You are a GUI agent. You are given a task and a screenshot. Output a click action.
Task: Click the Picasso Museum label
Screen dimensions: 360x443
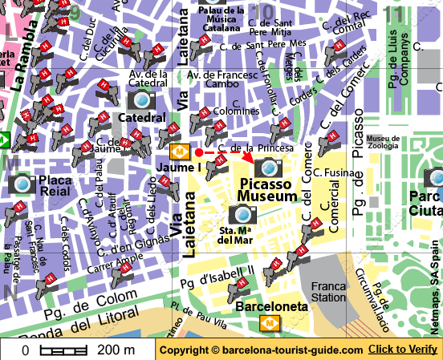click(x=269, y=191)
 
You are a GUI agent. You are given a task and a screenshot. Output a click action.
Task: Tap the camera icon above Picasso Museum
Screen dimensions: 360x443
click(x=268, y=167)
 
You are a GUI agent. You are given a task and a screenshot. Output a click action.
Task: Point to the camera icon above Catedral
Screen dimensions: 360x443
click(x=142, y=99)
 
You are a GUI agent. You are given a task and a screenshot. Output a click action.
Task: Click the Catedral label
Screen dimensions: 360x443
click(x=141, y=118)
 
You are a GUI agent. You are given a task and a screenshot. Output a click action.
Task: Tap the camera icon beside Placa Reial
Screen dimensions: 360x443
click(x=22, y=184)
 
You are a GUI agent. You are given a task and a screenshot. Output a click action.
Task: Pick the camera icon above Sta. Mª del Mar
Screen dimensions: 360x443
click(x=242, y=213)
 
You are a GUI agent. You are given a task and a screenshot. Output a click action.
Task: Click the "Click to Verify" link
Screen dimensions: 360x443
click(x=404, y=350)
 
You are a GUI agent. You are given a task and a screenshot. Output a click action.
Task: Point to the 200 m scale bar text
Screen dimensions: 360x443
click(x=116, y=350)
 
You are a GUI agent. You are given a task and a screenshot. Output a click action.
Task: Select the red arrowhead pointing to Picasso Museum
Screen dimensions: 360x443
click(x=248, y=158)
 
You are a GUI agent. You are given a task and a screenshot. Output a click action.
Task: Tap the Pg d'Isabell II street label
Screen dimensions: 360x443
click(x=217, y=277)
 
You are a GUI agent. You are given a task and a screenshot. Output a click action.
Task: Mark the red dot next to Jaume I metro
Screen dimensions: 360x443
click(x=198, y=152)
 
